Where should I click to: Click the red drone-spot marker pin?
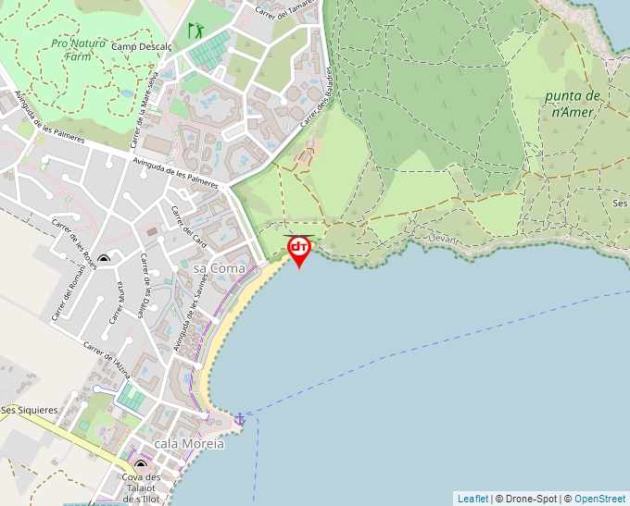pyautogui.click(x=299, y=249)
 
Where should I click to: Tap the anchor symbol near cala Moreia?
pyautogui.click(x=240, y=419)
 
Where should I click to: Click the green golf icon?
pyautogui.click(x=195, y=31)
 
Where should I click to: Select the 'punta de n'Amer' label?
pyautogui.click(x=572, y=104)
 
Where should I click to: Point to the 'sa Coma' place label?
pyautogui.click(x=220, y=268)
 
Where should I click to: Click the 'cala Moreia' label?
pyautogui.click(x=189, y=444)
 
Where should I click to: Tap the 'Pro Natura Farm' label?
pyautogui.click(x=78, y=49)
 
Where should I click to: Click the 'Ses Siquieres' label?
pyautogui.click(x=29, y=410)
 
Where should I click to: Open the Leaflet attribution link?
pyautogui.click(x=472, y=499)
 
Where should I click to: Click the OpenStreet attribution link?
pyautogui.click(x=599, y=499)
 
